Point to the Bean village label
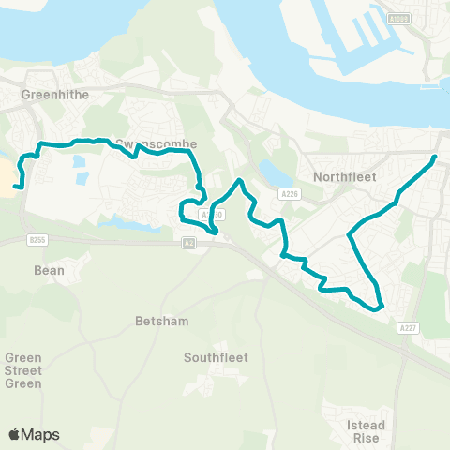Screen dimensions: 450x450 tap(49, 270)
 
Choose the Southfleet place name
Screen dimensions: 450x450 tap(214, 357)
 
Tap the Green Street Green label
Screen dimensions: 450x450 tap(23, 370)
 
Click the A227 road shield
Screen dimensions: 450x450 tap(407, 328)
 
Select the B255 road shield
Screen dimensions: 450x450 tap(37, 240)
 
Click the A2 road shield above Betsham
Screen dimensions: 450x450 tap(188, 243)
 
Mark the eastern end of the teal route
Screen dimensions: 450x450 tap(435, 157)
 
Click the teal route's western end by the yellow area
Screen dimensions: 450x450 tap(16, 187)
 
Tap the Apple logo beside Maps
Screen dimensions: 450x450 tap(15, 434)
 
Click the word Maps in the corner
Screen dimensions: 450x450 tap(41, 434)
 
